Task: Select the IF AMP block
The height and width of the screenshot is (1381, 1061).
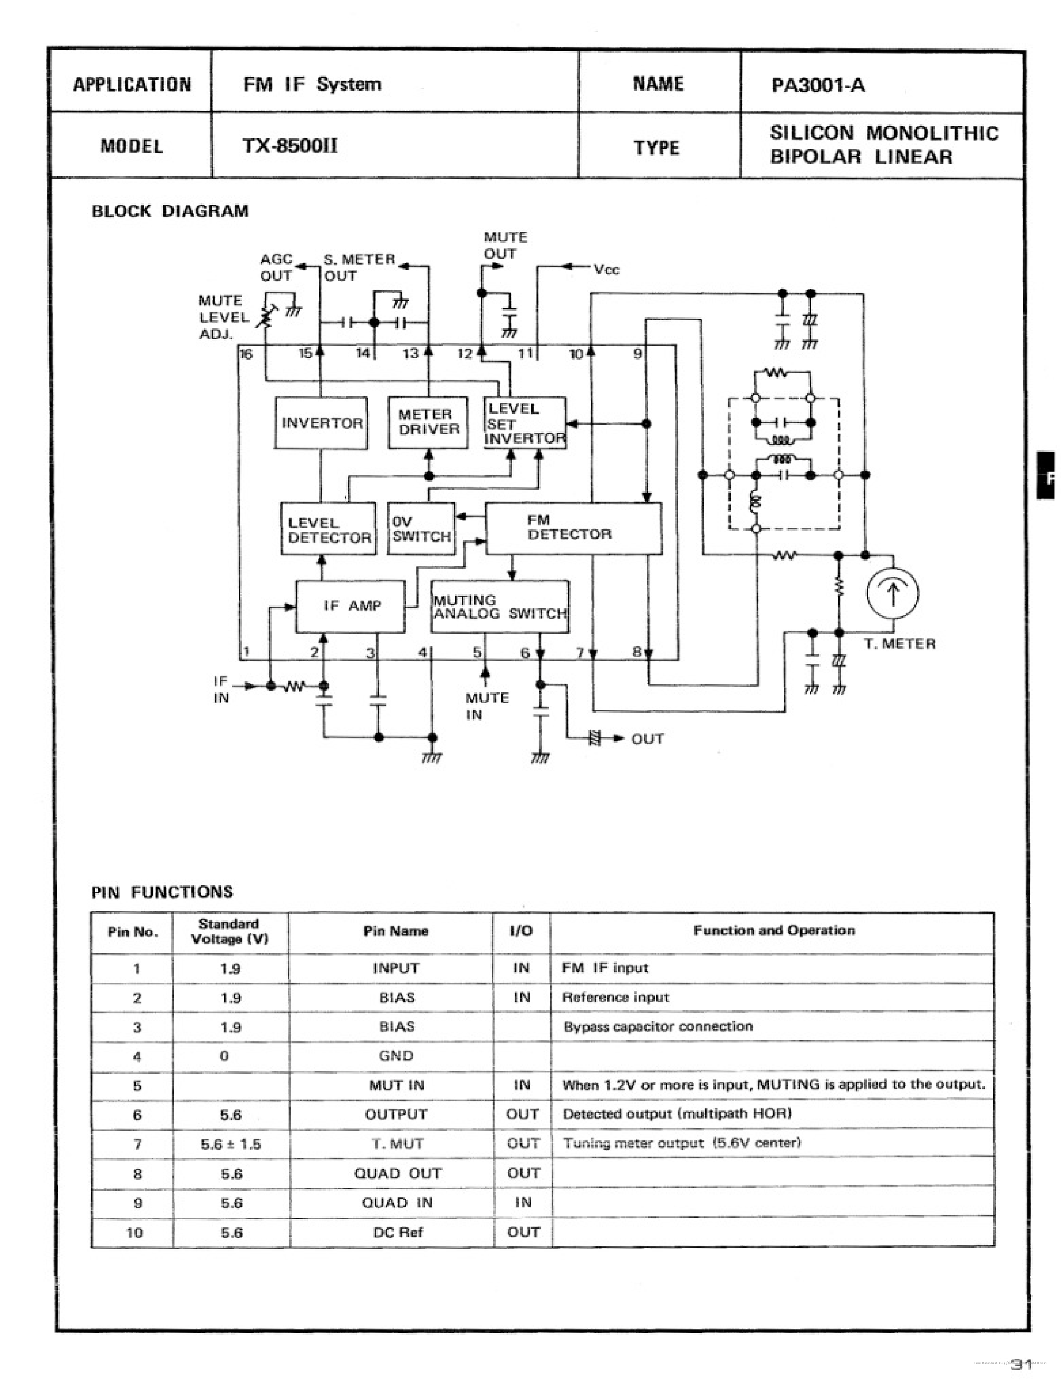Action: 351,606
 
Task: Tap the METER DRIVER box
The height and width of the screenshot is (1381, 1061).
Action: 428,422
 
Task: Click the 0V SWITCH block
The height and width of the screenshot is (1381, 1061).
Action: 421,528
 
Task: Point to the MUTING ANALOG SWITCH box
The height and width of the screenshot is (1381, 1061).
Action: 500,606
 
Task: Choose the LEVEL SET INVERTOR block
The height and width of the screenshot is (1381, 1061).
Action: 524,422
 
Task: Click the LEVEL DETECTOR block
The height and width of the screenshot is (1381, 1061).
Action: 328,529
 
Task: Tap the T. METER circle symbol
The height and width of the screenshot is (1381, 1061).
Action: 893,593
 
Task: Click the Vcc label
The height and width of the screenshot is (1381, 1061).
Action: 606,269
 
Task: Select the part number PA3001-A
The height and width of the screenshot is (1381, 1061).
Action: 818,85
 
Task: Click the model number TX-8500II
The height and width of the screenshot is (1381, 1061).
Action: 290,146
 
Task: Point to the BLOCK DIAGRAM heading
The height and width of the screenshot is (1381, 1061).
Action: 170,211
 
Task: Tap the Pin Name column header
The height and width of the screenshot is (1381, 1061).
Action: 395,931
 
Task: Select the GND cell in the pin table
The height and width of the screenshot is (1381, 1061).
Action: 396,1056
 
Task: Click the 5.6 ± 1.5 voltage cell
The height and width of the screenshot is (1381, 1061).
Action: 230,1144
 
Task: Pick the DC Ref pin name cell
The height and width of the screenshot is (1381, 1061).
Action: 397,1232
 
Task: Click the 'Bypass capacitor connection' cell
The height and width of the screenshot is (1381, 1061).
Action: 658,1026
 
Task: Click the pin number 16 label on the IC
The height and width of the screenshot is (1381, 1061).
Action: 246,354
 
